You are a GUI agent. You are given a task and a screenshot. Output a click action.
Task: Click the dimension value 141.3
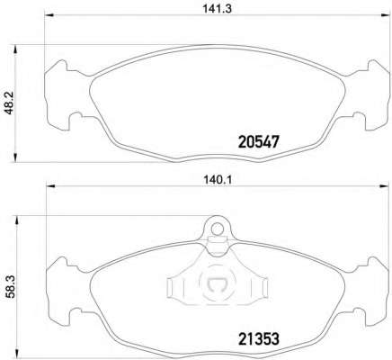tap(218, 9)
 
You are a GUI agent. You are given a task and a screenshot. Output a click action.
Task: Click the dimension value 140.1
tap(218, 180)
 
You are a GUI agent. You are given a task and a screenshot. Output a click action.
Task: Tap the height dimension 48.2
tap(10, 103)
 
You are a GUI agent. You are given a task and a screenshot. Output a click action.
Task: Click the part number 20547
tap(258, 142)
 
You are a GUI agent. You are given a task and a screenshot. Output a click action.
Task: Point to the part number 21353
tap(259, 339)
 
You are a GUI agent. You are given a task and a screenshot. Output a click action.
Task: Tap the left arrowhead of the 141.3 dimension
tap(49, 15)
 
